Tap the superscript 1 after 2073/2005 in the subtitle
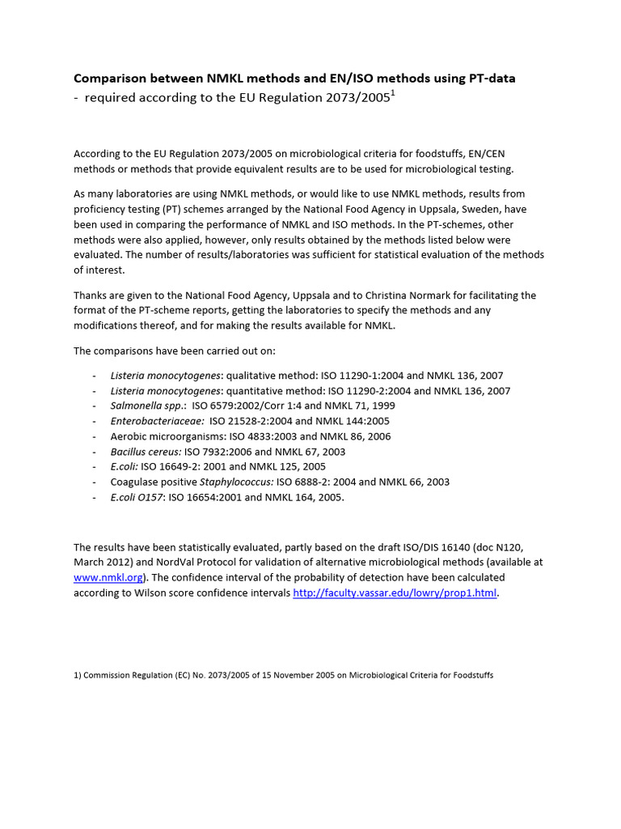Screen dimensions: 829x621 coord(393,94)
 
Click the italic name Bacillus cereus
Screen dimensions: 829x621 coord(146,452)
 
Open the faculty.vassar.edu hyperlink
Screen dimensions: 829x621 coord(394,593)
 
